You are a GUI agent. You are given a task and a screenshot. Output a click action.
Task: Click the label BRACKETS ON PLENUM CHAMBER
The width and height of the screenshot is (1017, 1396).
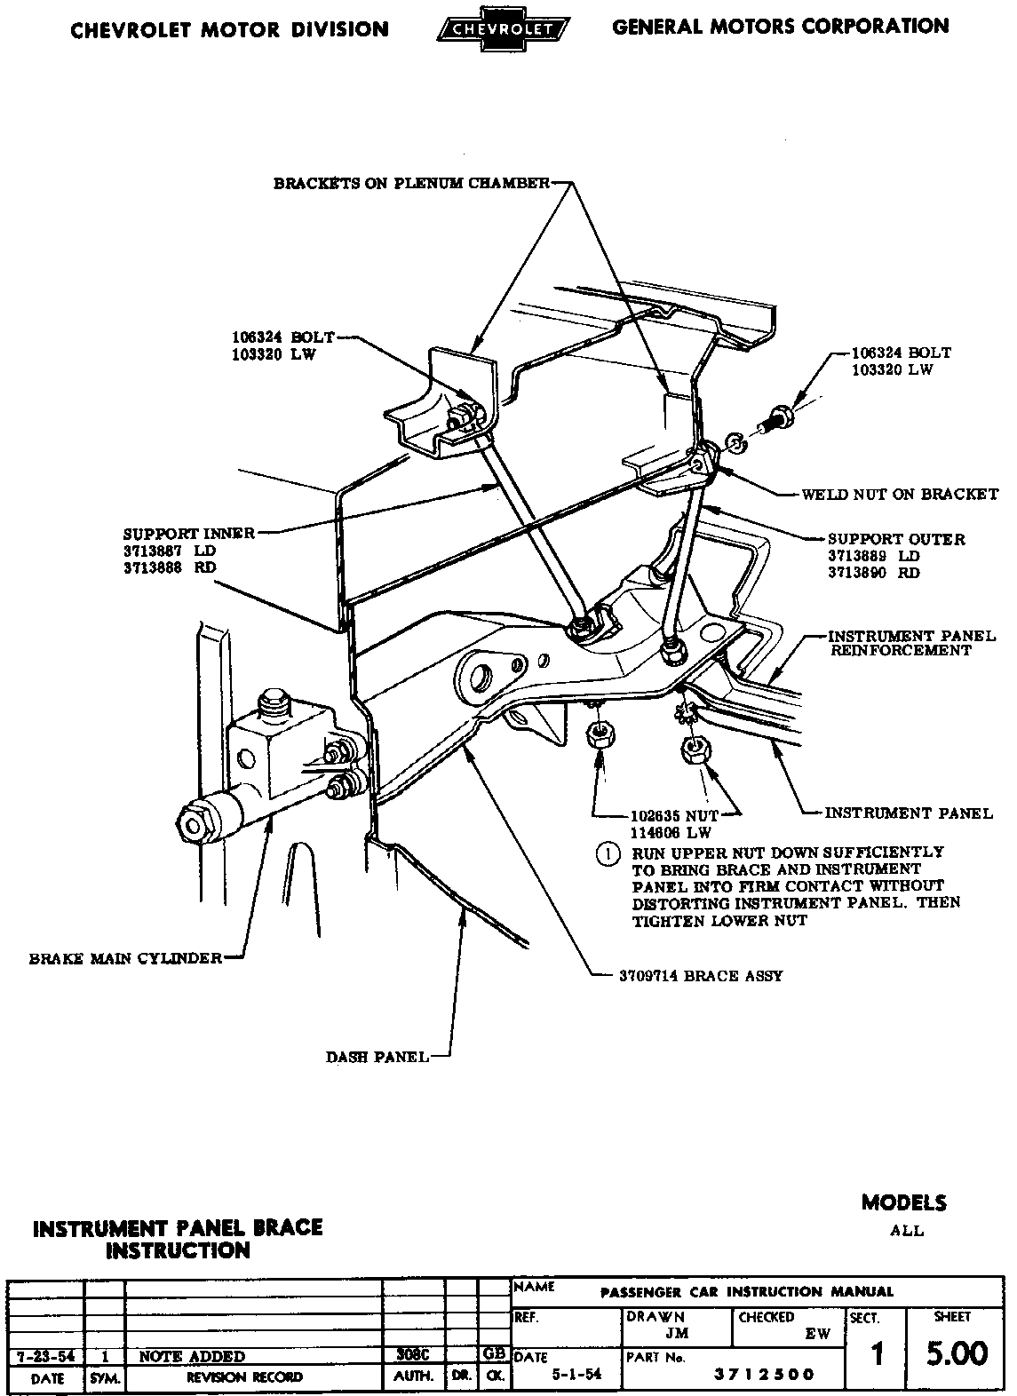pos(411,184)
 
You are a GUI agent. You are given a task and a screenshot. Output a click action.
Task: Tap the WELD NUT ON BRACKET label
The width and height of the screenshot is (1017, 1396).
pos(899,495)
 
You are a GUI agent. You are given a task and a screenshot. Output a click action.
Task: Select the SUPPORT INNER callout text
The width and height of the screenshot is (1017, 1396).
pos(188,534)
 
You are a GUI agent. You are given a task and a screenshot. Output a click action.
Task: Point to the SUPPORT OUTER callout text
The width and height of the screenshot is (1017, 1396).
pos(895,539)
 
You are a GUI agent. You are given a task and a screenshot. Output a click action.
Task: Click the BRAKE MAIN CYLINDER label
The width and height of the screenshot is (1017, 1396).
pos(125,958)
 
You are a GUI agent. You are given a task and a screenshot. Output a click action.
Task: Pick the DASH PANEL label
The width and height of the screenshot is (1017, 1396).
pos(377,1057)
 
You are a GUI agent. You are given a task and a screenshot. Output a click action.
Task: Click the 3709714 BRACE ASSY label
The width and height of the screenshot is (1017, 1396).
pos(701,975)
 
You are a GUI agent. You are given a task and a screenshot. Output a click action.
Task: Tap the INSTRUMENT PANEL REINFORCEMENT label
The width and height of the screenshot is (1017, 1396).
pos(911,643)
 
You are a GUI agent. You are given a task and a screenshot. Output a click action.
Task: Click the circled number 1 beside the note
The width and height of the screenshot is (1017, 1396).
pos(608,853)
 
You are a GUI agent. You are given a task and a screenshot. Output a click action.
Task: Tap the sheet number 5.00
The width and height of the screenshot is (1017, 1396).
pos(956,1354)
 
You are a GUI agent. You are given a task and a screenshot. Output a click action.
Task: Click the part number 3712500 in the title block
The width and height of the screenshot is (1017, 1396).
pos(765,1375)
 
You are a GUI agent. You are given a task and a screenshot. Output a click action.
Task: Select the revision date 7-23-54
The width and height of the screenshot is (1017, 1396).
pos(45,1356)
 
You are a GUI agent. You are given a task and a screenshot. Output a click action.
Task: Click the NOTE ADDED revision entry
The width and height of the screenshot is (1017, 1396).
pos(192,1356)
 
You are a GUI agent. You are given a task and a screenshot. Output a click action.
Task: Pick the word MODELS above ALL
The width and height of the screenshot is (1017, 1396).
pos(903,1203)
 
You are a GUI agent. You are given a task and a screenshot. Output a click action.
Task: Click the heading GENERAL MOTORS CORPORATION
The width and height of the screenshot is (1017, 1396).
pos(780,27)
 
